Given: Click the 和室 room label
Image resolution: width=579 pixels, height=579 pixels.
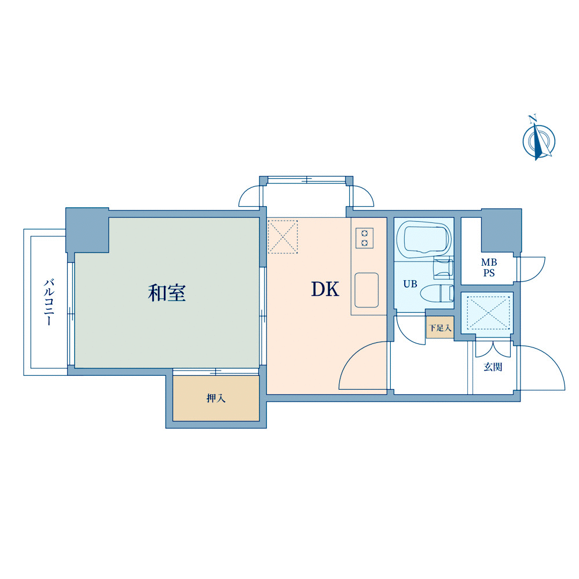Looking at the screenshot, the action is pyautogui.click(x=167, y=293).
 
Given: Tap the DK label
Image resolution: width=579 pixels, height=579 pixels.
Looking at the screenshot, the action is pyautogui.click(x=325, y=289).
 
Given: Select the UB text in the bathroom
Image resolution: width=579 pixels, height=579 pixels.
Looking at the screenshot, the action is pyautogui.click(x=410, y=284).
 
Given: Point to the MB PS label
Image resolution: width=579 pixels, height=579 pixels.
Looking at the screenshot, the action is pyautogui.click(x=489, y=267).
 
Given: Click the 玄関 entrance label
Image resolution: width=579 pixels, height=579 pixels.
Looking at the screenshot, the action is pyautogui.click(x=493, y=367).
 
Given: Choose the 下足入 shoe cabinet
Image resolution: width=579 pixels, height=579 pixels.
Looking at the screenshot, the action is pyautogui.click(x=440, y=328).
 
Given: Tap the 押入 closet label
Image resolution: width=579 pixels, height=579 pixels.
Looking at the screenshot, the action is pyautogui.click(x=216, y=398).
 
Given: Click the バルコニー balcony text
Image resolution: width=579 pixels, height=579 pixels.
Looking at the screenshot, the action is pyautogui.click(x=49, y=302).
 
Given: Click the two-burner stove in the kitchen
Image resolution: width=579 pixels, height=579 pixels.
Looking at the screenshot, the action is pyautogui.click(x=364, y=238).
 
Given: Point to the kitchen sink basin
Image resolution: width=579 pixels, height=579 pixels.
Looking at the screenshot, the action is pyautogui.click(x=367, y=290).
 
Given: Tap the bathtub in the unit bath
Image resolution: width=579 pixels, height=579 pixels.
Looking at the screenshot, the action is pyautogui.click(x=424, y=239).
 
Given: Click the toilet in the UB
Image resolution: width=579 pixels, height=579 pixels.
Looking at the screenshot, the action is pyautogui.click(x=437, y=293).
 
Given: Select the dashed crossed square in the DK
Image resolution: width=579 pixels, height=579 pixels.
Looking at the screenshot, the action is pyautogui.click(x=283, y=237).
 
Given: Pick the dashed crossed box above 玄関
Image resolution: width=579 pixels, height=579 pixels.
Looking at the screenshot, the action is pyautogui.click(x=489, y=313).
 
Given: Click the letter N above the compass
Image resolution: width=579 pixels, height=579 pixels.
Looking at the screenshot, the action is pyautogui.click(x=532, y=119).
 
